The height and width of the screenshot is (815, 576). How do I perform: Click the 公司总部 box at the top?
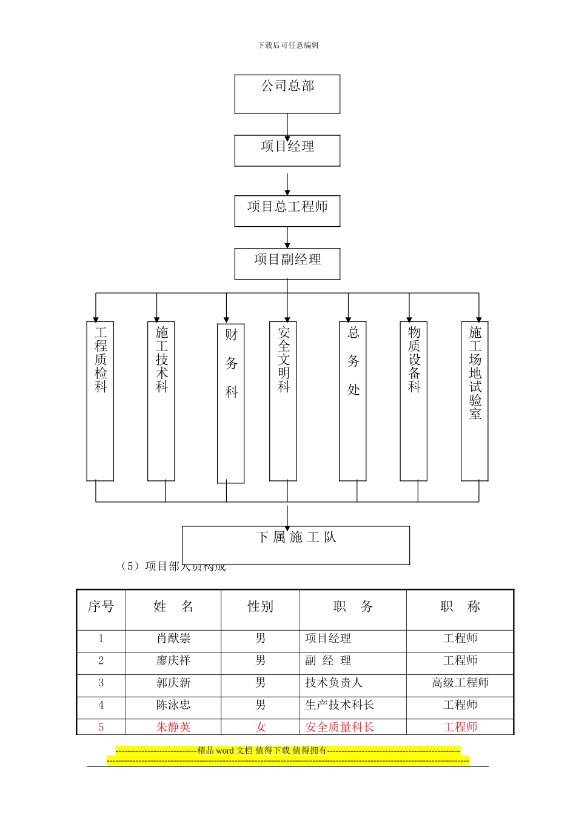pyautogui.click(x=287, y=94)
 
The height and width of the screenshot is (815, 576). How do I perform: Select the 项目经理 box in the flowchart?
pyautogui.click(x=287, y=150)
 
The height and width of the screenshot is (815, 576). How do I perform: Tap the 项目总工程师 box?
pyautogui.click(x=287, y=210)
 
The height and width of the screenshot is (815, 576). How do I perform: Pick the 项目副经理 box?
pyautogui.click(x=287, y=264)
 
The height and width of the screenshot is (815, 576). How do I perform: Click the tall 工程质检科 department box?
pyautogui.click(x=100, y=401)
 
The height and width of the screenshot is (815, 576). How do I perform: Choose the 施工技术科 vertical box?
pyautogui.click(x=161, y=401)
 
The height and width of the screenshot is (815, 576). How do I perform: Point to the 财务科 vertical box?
pyautogui.click(x=231, y=403)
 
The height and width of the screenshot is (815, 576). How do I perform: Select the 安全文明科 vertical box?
pyautogui.click(x=283, y=401)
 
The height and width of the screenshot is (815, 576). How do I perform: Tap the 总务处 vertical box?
pyautogui.click(x=353, y=401)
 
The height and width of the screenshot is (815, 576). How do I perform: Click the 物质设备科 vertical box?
pyautogui.click(x=414, y=401)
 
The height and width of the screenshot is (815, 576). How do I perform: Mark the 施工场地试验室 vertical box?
pyautogui.click(x=475, y=401)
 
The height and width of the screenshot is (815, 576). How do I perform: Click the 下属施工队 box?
pyautogui.click(x=296, y=545)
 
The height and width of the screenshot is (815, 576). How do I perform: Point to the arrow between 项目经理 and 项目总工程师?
pyautogui.click(x=287, y=184)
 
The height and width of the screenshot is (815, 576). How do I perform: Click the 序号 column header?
pyautogui.click(x=101, y=607)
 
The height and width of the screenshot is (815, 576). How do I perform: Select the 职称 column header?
pyautogui.click(x=460, y=607)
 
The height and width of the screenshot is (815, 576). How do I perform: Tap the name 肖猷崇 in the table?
pyautogui.click(x=173, y=639)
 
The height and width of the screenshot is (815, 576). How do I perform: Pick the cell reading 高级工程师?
pyautogui.click(x=460, y=683)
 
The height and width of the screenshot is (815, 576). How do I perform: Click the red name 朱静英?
pyautogui.click(x=173, y=727)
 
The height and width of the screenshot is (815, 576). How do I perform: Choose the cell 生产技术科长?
pyautogui.click(x=340, y=705)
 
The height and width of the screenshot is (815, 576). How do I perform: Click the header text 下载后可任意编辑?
pyautogui.click(x=288, y=45)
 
